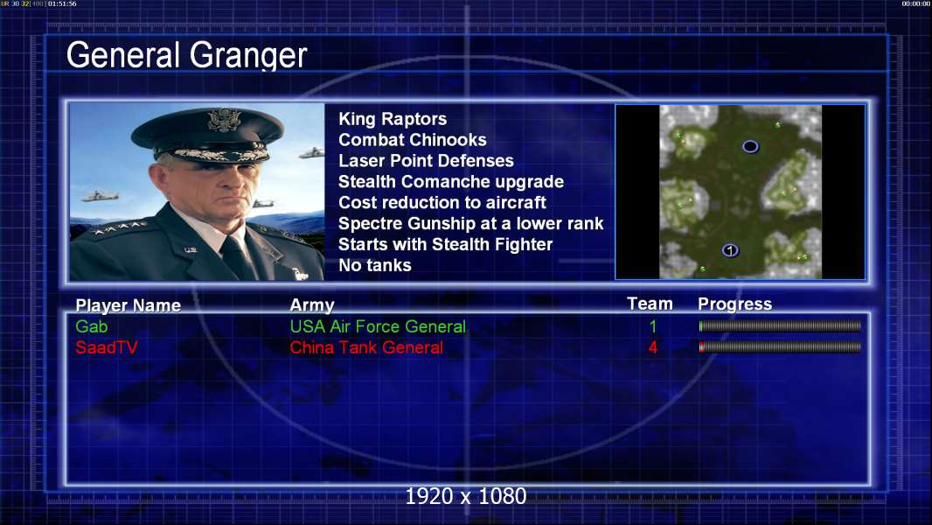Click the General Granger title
coord(186,55)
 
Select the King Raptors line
coord(393,119)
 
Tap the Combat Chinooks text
coord(413,140)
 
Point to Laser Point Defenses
coord(426,160)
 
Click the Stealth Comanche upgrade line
coord(451,182)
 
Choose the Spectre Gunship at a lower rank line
coord(470,223)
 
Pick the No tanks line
coord(374,265)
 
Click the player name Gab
coord(92,326)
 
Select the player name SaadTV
coord(107,347)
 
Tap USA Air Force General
coord(378,326)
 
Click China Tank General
coord(366,347)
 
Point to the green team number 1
coord(652,326)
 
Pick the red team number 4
coord(652,347)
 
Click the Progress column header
coord(734,304)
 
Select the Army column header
coord(312,305)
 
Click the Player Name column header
coord(128,305)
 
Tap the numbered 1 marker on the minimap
coord(731,250)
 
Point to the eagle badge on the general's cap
coord(224,120)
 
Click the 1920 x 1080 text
coord(466,496)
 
